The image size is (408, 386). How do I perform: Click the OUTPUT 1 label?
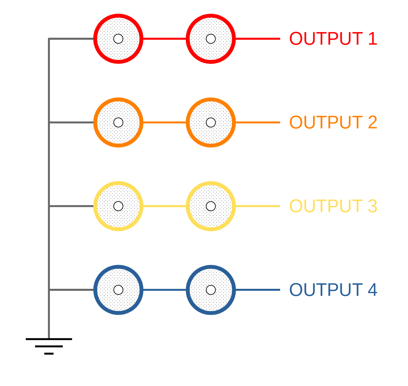pyautogui.click(x=333, y=39)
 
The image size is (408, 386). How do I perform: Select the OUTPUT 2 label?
pyautogui.click(x=333, y=122)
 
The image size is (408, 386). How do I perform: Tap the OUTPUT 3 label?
pyautogui.click(x=333, y=206)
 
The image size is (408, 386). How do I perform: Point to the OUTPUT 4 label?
pyautogui.click(x=333, y=290)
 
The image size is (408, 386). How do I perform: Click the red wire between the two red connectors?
pyautogui.click(x=164, y=39)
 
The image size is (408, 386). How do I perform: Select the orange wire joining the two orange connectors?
pyautogui.click(x=164, y=122)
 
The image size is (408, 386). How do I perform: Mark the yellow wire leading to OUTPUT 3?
pyautogui.click(x=258, y=206)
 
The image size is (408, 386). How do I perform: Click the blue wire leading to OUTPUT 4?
pyautogui.click(x=258, y=290)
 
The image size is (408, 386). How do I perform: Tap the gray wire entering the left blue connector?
pyautogui.click(x=71, y=290)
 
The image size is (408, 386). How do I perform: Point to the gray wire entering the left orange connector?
pyautogui.click(x=71, y=122)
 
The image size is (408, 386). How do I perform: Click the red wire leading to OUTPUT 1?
pyautogui.click(x=258, y=39)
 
